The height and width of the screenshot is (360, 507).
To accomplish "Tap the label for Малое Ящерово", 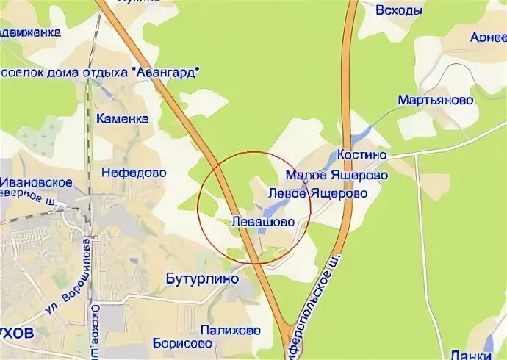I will (337, 176).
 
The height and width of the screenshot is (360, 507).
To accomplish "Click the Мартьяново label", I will (436, 100).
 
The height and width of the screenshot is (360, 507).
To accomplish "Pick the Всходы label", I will (399, 10).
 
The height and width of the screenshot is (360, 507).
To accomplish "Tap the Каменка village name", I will (122, 119).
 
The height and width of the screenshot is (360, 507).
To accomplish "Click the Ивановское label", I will (36, 182).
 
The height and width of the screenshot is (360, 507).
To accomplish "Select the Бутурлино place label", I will (203, 279).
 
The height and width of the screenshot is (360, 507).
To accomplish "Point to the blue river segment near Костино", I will (361, 134).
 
